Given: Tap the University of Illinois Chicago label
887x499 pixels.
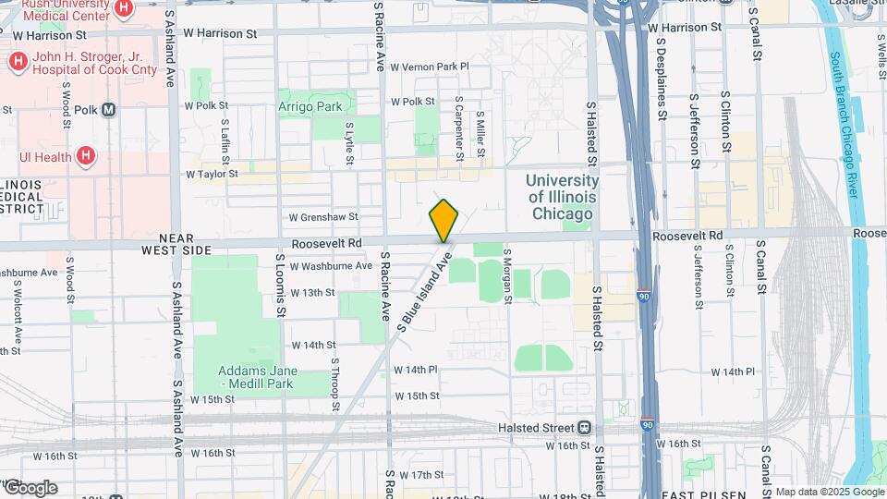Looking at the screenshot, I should coord(562,198).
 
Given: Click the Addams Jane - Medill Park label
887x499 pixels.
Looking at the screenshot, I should coord(260,377).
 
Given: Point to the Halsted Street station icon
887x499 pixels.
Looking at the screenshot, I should coord(584,428).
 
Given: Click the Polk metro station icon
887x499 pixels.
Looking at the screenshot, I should coord(109,109).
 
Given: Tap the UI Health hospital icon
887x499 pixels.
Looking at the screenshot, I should coord(86,156).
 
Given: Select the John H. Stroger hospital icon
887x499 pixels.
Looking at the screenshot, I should coord(17,63).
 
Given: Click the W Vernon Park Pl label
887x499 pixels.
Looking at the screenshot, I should coord(430,67).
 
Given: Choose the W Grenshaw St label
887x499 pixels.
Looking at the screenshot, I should coord(322,218).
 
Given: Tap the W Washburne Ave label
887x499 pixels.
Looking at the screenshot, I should coord(331,266).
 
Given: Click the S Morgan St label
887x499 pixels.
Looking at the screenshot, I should coord(507,274).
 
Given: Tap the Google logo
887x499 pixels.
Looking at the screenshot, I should coord(30,487).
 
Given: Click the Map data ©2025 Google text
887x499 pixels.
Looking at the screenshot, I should coord(829,492).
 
